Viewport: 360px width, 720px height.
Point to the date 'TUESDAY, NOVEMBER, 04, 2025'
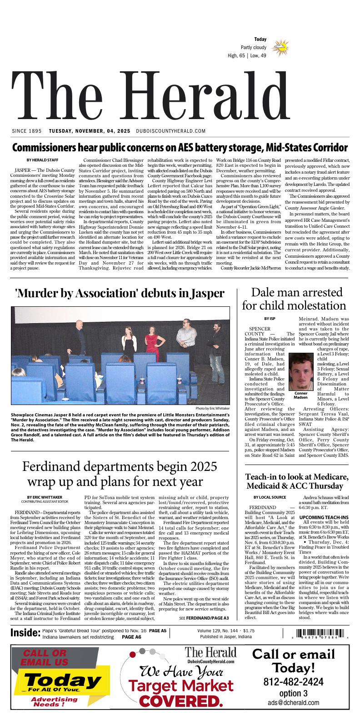click(x=90, y=131)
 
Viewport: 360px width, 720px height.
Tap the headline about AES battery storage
click(x=180, y=148)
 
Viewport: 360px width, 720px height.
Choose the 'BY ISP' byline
click(x=270, y=318)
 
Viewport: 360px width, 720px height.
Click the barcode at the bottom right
click(x=320, y=634)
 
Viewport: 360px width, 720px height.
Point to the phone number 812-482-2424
click(x=293, y=682)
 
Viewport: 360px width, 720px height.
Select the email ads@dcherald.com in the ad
click(x=293, y=703)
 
